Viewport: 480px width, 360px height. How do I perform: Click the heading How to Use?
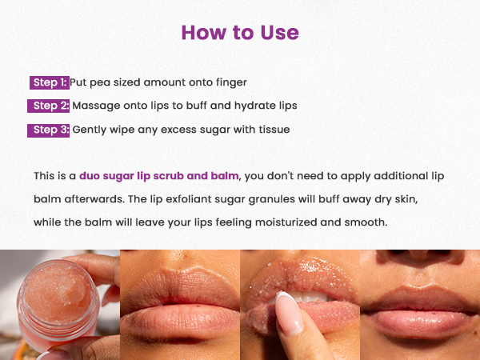(240, 33)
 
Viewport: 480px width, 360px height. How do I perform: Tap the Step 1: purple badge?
(49, 82)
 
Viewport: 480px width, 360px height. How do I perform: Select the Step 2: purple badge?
(49, 106)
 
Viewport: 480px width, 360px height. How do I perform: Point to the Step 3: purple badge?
(49, 130)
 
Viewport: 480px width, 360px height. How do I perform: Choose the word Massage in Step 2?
(97, 106)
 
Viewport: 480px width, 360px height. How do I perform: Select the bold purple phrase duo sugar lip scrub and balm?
(160, 175)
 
